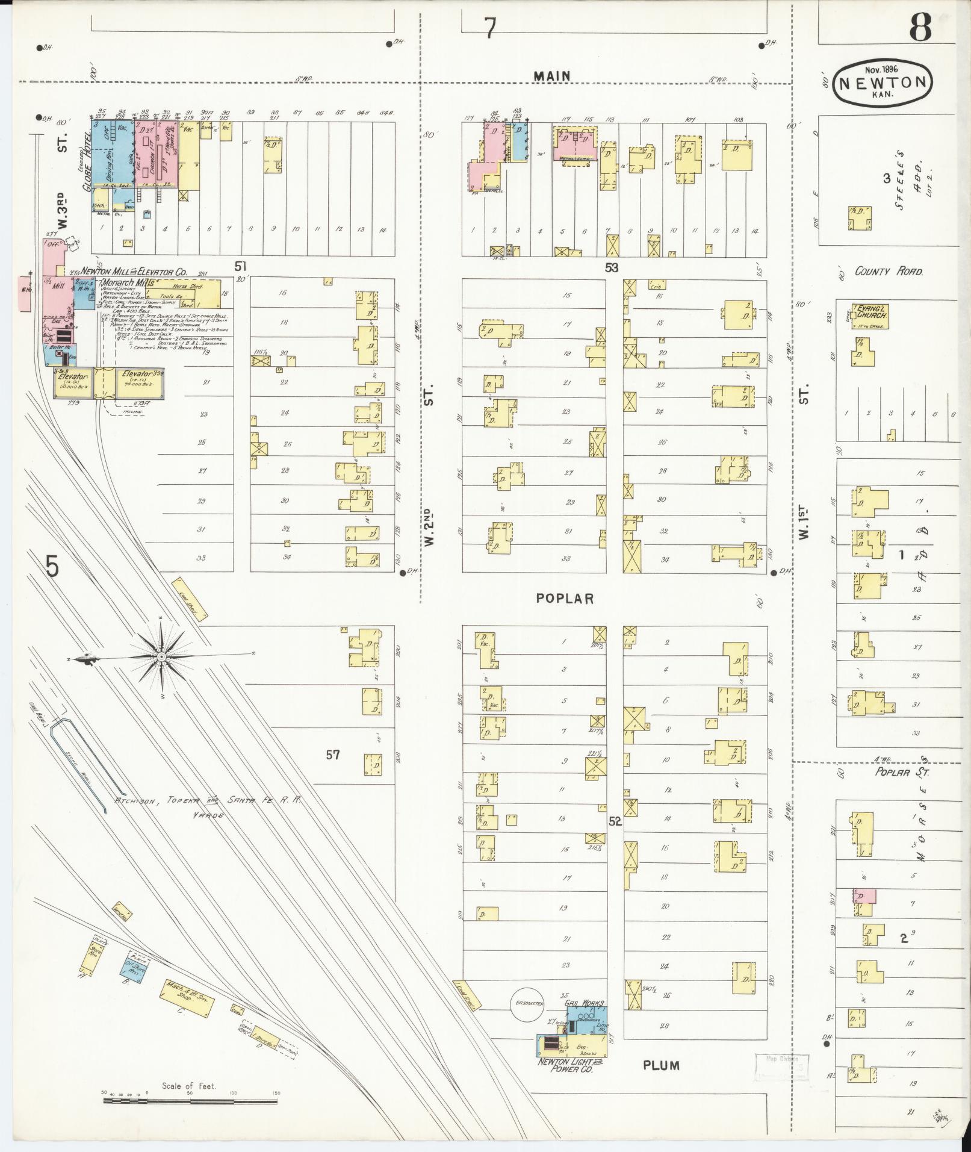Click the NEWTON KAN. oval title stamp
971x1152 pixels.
pos(883,83)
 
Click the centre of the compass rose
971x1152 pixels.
pos(162,655)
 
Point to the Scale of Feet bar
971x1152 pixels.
pos(190,1101)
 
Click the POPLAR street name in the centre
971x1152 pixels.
pos(565,598)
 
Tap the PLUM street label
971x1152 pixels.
pos(661,1065)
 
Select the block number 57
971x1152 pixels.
pos(333,755)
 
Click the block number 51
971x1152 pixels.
pos(241,266)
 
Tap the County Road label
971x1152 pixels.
pos(889,272)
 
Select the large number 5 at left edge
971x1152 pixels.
pos(52,566)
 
